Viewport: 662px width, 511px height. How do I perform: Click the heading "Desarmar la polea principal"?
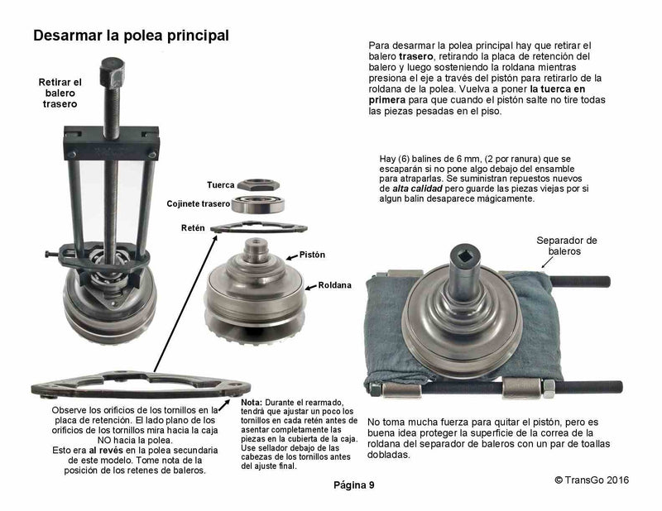point(130,36)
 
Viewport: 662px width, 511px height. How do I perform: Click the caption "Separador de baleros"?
point(567,246)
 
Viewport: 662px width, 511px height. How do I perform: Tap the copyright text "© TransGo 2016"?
point(598,479)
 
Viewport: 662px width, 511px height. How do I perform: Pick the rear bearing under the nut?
point(265,203)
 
